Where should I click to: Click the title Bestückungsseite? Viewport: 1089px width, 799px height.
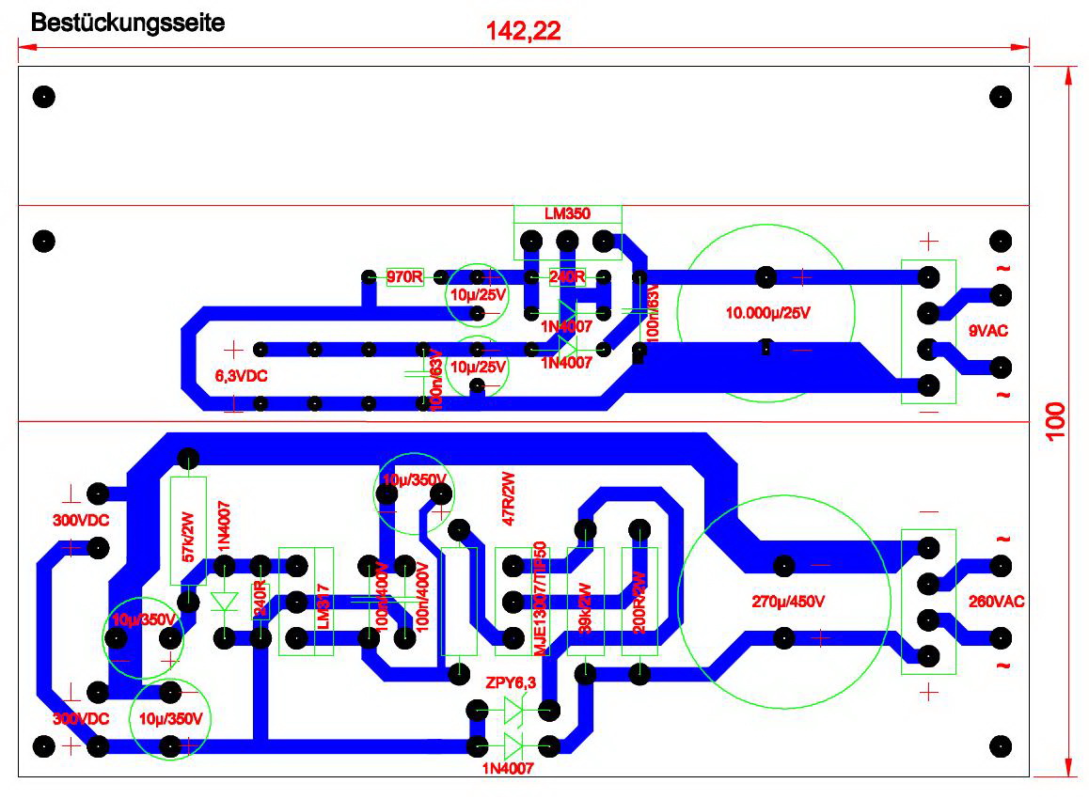pyautogui.click(x=128, y=23)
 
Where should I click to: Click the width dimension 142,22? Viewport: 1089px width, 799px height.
pyautogui.click(x=523, y=30)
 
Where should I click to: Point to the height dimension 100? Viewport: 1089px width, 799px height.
pyautogui.click(x=1054, y=423)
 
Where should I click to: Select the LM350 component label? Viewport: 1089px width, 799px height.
pyautogui.click(x=567, y=214)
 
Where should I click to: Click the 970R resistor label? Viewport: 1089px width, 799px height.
pyautogui.click(x=405, y=277)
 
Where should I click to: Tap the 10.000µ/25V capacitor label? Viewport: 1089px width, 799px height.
pyautogui.click(x=767, y=313)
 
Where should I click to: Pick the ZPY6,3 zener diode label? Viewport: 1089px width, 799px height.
pyautogui.click(x=511, y=683)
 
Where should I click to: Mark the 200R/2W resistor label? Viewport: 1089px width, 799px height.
pyautogui.click(x=639, y=602)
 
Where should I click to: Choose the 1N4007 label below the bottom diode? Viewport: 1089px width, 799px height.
pyautogui.click(x=508, y=769)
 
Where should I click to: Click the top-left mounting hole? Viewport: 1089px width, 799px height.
pyautogui.click(x=44, y=97)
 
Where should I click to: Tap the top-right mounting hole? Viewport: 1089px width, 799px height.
pyautogui.click(x=1001, y=97)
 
